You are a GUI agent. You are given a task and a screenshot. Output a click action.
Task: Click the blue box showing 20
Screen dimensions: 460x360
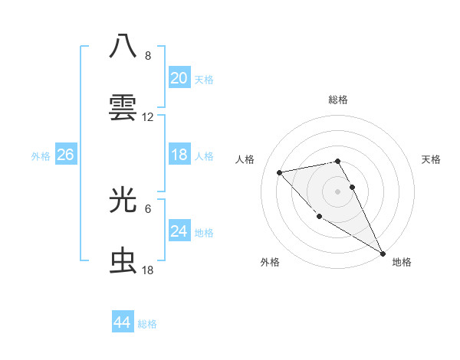(179, 78)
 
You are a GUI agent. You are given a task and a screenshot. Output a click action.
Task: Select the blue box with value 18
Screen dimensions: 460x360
(179, 155)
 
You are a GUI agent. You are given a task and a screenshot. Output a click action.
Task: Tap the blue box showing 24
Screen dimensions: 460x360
(179, 231)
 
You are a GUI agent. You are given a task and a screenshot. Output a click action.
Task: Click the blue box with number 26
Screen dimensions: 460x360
(65, 155)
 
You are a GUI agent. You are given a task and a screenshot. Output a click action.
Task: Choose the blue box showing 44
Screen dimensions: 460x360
(122, 322)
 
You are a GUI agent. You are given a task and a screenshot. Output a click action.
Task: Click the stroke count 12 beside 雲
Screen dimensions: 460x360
(148, 117)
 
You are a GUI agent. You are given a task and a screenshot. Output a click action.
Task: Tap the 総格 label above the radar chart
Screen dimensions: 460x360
(338, 100)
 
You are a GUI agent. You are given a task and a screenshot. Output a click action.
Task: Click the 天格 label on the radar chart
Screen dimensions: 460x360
(431, 159)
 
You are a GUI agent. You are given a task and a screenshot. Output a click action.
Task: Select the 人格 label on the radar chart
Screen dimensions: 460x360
(246, 159)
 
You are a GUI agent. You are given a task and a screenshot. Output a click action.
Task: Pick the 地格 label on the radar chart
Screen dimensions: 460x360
(402, 262)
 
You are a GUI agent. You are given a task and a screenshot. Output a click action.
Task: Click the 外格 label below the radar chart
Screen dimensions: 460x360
(270, 262)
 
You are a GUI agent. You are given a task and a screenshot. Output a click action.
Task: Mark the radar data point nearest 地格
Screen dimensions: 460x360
(383, 254)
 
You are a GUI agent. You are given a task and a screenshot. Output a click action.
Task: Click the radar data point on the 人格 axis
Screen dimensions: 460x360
(280, 172)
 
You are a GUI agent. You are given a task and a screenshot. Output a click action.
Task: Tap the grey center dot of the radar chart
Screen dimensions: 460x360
(338, 191)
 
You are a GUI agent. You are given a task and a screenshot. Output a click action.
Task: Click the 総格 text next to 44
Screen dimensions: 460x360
(147, 324)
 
